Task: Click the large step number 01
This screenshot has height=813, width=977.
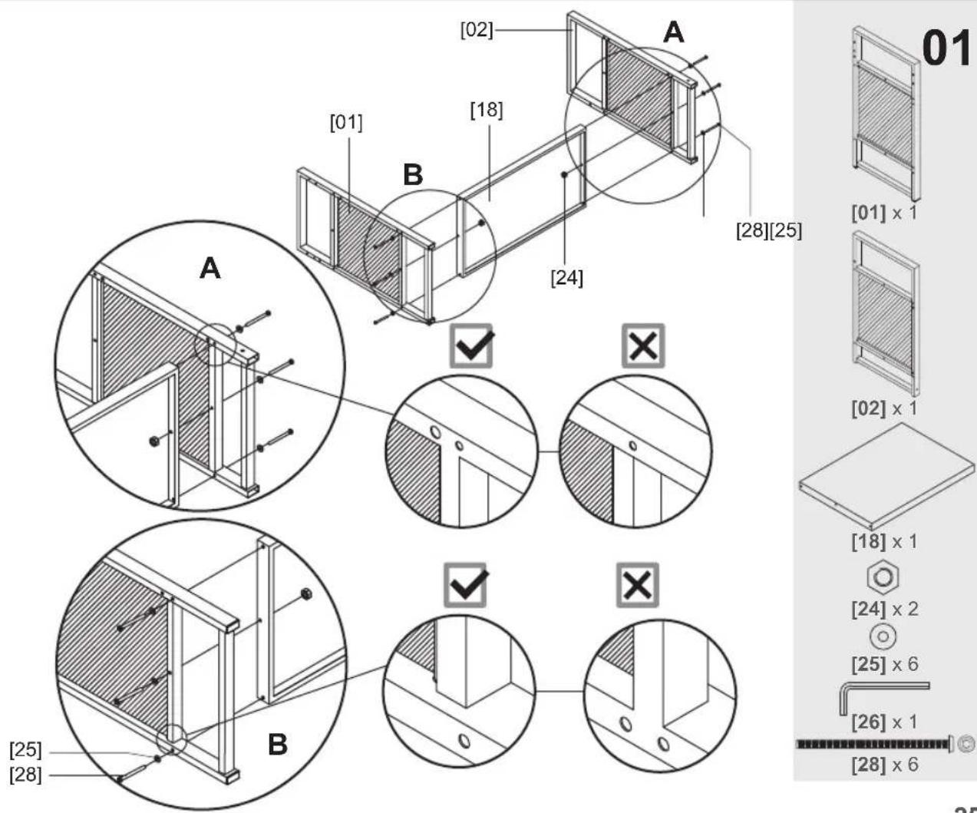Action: coord(946,48)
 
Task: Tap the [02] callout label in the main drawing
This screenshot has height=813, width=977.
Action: coord(476,30)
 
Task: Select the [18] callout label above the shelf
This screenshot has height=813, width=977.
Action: coord(486,110)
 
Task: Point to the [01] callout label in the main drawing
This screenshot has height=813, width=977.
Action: coord(345,122)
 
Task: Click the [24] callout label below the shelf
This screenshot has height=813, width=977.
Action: coord(566,277)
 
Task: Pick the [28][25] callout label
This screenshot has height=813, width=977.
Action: coord(768,230)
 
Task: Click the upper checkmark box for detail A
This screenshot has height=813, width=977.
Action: coord(471,346)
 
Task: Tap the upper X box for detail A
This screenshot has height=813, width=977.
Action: coord(642,346)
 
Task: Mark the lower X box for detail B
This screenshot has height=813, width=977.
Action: coord(638,586)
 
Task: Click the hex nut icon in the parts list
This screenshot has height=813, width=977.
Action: coord(883,577)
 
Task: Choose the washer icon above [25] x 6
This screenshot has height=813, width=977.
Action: coord(883,636)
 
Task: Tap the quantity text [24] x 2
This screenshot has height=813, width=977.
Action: coord(884,610)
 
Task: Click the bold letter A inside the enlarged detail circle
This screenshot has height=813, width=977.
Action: coord(210,269)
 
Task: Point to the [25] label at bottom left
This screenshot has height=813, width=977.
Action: coord(25,750)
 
